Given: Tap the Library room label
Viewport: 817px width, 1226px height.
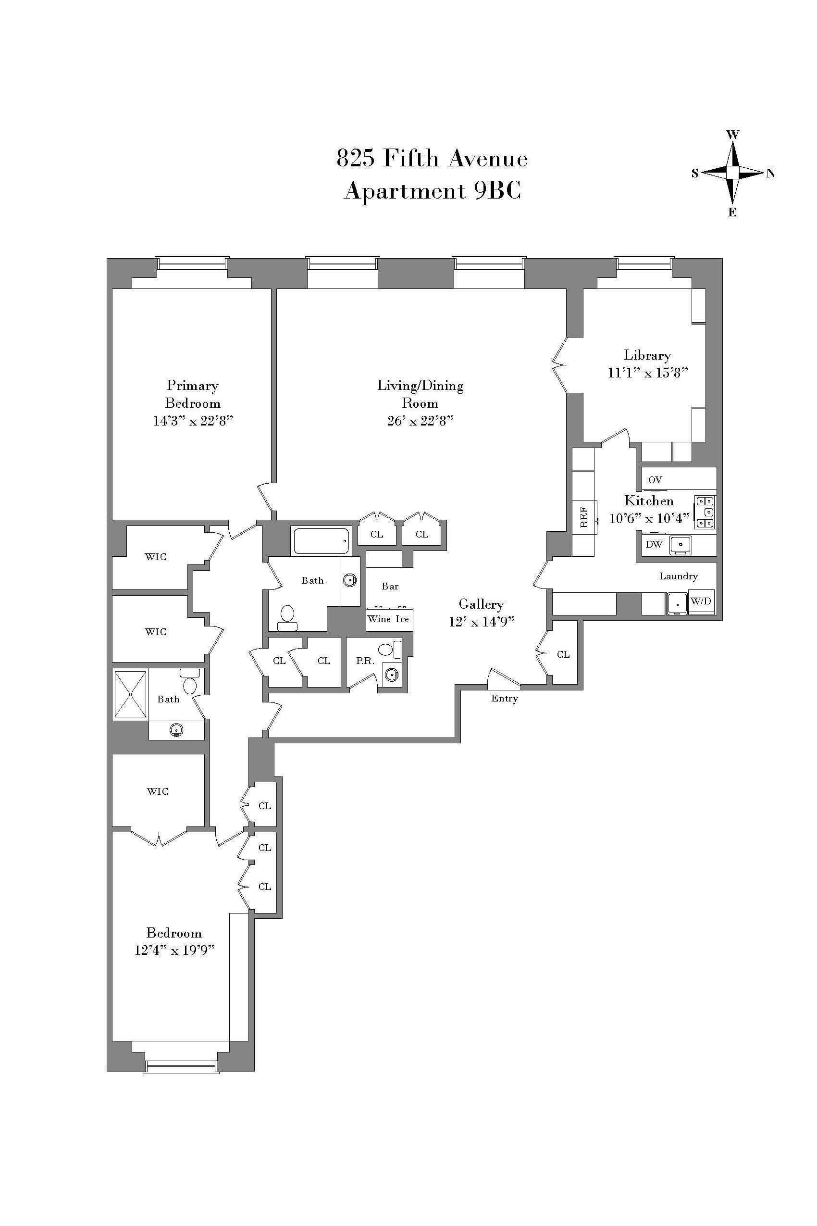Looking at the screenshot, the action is (647, 355).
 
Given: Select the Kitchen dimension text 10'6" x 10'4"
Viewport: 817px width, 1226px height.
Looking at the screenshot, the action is (649, 518).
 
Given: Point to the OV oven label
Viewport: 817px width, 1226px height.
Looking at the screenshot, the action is (655, 479).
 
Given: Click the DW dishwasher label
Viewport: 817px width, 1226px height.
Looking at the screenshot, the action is (654, 544).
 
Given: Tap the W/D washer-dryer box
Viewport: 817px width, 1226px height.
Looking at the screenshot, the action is (701, 601).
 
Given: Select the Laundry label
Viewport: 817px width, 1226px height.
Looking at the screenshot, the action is (679, 576).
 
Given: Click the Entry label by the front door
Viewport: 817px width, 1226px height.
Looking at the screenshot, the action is (504, 699).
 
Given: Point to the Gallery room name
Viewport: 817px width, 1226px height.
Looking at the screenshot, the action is (481, 604).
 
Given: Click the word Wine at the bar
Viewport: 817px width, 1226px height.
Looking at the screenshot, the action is (379, 619).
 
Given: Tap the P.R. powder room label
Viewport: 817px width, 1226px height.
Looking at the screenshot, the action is (365, 661).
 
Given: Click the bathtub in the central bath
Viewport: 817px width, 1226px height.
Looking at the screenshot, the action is (322, 541).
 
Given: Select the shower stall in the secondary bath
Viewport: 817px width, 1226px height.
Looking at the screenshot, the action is (130, 694).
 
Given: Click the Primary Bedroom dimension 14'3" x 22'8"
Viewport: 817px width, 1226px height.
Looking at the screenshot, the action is (193, 421).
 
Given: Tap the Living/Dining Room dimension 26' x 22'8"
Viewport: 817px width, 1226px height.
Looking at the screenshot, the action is (420, 421).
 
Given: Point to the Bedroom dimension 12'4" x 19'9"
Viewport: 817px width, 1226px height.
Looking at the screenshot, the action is (174, 950).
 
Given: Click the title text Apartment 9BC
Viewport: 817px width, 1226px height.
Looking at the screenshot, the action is (433, 191).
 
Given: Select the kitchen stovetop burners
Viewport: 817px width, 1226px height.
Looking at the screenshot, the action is (705, 512).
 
